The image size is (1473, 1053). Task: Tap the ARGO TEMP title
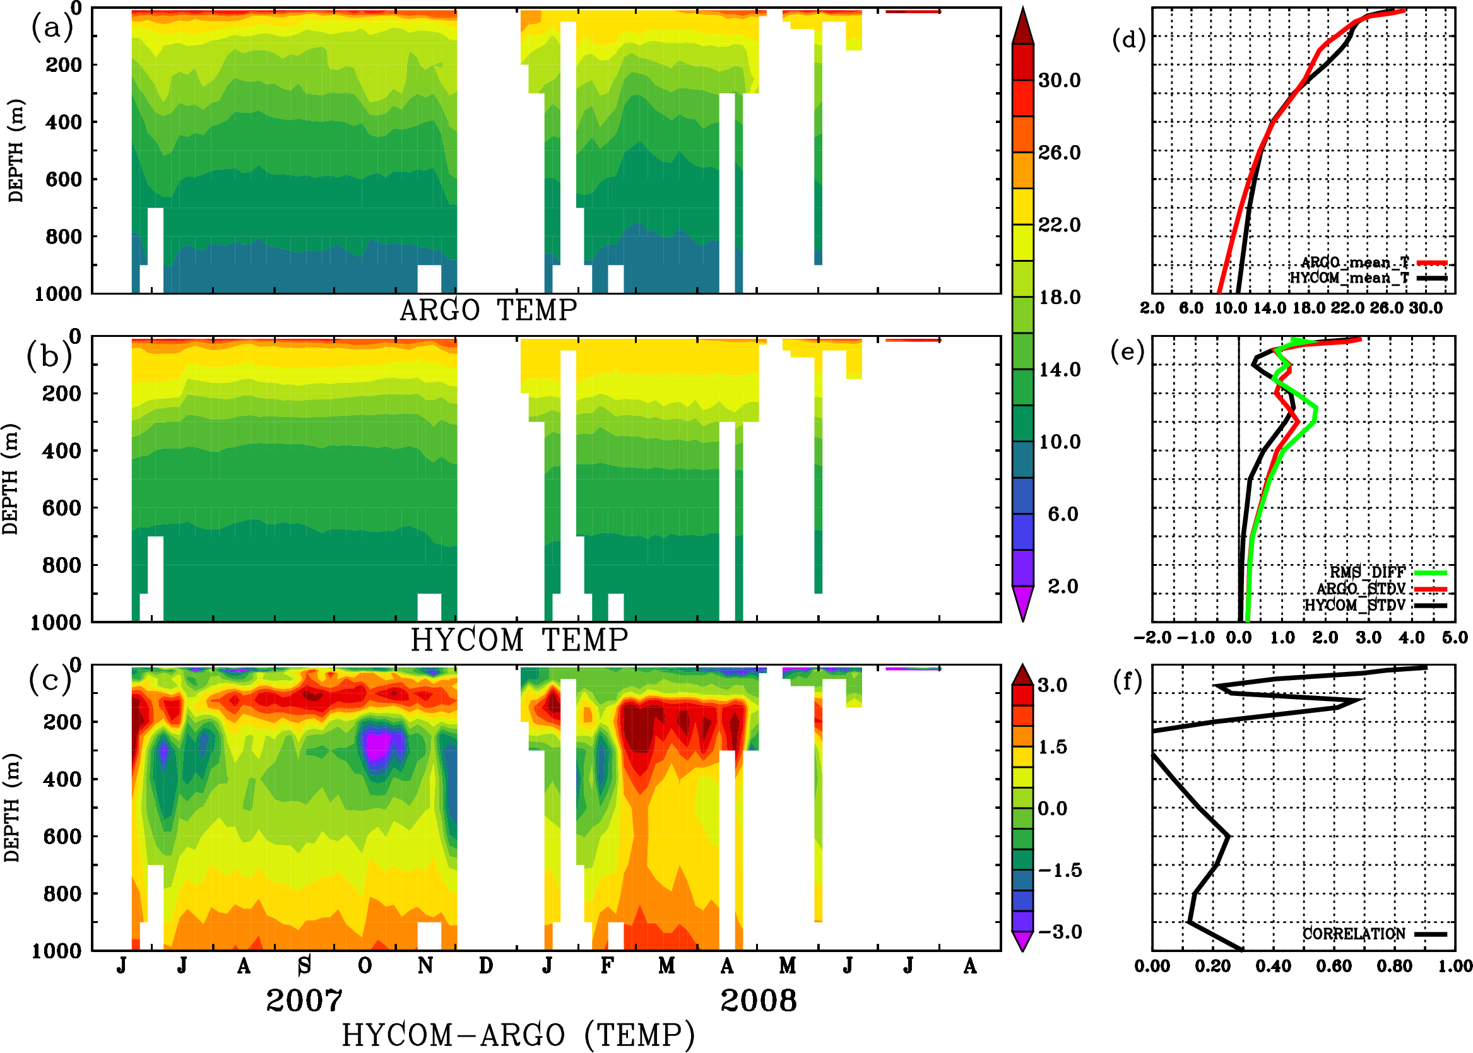(x=488, y=310)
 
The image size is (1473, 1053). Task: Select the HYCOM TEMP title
(x=519, y=640)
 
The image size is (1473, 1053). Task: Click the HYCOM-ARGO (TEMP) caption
(x=518, y=1035)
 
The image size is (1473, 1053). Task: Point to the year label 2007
(x=304, y=1001)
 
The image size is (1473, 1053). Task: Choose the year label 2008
(x=758, y=1001)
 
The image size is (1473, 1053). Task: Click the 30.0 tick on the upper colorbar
(x=1059, y=80)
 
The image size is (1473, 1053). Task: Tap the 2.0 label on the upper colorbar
(x=1062, y=586)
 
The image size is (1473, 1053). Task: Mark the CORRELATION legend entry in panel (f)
(x=1354, y=934)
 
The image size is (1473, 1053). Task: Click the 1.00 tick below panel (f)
(x=1455, y=966)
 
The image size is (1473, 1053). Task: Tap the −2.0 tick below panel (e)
(x=1152, y=637)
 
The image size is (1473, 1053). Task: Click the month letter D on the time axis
(x=486, y=966)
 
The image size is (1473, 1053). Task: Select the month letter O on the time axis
(x=365, y=966)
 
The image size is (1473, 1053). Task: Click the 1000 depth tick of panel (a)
(x=58, y=294)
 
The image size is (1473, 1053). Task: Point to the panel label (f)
(x=1127, y=681)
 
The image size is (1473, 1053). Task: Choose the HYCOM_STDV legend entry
(x=1354, y=605)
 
